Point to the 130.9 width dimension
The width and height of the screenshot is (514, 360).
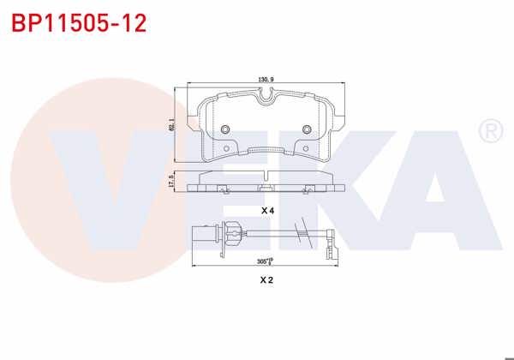pos(266,80)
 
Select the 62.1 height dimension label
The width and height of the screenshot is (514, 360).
pos(172,125)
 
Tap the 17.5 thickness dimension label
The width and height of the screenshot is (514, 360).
pos(171,183)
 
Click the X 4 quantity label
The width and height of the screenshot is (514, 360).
pos(267,210)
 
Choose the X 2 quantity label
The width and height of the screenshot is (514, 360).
pos(267,279)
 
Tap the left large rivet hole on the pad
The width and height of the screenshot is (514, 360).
pos(226,129)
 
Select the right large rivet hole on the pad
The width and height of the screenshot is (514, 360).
pos(307,129)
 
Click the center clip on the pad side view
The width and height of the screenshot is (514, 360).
pos(266,185)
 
